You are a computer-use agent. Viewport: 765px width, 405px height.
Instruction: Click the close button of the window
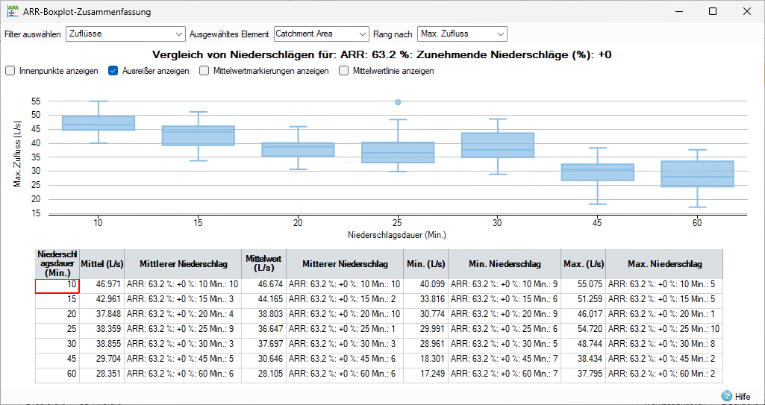click(x=747, y=12)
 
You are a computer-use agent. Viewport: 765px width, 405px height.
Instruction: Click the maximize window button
click(x=713, y=12)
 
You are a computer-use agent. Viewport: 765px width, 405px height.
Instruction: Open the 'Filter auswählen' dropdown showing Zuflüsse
click(x=125, y=34)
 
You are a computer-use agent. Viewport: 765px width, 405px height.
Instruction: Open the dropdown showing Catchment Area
click(x=321, y=34)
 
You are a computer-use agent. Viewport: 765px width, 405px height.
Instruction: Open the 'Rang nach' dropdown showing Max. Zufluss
click(x=462, y=34)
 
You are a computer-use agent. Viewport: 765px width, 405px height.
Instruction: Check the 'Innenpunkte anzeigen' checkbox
click(x=10, y=71)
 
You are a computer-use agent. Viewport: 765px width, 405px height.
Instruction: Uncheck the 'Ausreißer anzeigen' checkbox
click(x=113, y=71)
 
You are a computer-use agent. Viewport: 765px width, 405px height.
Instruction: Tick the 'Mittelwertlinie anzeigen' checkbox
click(x=344, y=71)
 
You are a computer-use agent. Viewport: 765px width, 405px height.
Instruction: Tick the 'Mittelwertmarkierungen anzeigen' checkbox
click(x=204, y=71)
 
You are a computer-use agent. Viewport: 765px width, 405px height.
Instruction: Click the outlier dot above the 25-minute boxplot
click(x=398, y=102)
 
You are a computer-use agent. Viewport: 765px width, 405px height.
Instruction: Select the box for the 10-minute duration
click(x=98, y=123)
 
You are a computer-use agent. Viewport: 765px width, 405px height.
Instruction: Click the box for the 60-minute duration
click(x=698, y=174)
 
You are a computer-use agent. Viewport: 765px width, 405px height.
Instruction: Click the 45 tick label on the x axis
click(x=597, y=223)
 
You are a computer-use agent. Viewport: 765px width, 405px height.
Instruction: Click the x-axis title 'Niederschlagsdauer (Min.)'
click(x=397, y=234)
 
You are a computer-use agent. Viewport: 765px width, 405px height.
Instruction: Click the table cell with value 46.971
click(x=101, y=284)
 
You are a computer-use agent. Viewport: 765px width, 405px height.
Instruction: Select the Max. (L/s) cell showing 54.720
click(x=583, y=328)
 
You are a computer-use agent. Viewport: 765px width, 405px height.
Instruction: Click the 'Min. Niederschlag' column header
click(x=505, y=264)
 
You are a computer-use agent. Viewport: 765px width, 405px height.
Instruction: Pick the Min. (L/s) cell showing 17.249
click(x=428, y=373)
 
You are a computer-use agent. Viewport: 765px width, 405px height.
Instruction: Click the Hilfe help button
click(x=736, y=397)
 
